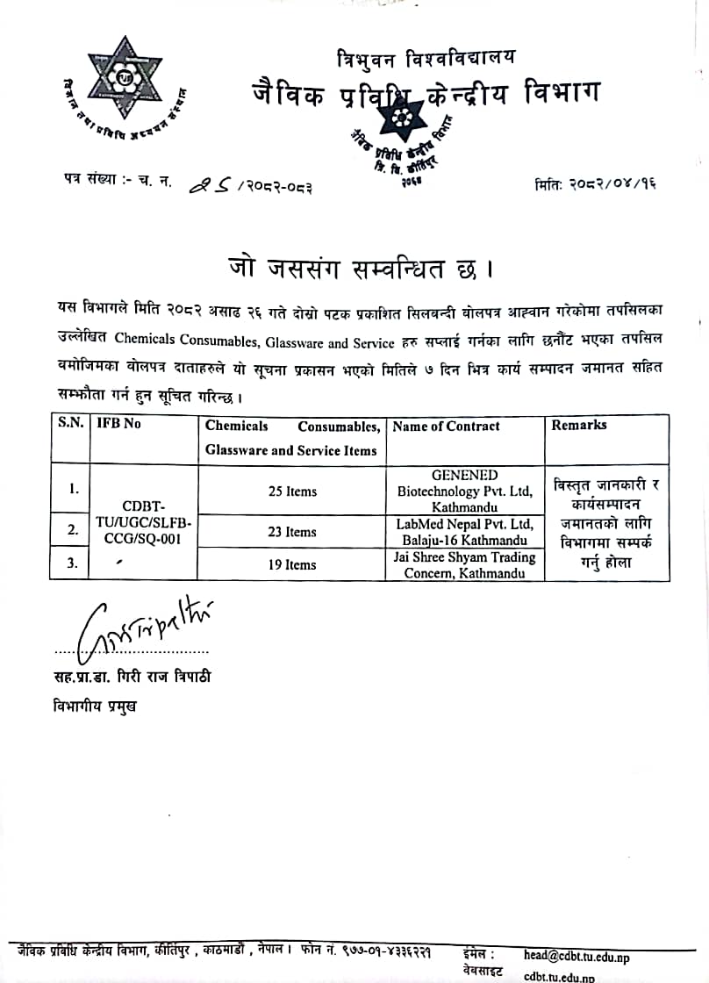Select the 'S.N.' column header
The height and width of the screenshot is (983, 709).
click(70, 422)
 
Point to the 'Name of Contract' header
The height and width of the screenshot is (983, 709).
click(446, 427)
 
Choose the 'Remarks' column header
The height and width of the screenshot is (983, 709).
click(578, 425)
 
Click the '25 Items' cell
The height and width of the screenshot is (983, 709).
click(292, 491)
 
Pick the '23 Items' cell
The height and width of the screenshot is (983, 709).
click(292, 532)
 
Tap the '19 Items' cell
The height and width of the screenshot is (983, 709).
click(292, 565)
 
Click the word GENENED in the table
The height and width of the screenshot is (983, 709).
click(465, 476)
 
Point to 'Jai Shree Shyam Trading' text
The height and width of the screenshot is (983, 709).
click(465, 557)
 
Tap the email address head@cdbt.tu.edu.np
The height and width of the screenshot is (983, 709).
click(577, 957)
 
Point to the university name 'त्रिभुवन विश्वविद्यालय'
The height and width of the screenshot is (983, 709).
click(426, 59)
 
